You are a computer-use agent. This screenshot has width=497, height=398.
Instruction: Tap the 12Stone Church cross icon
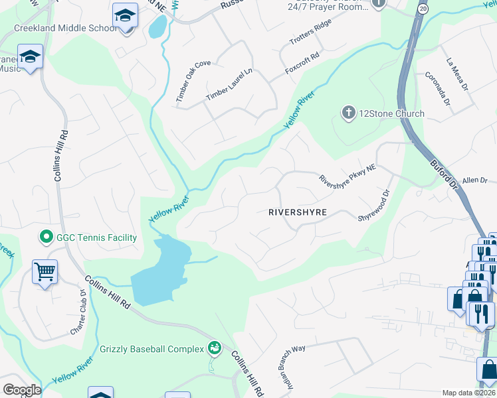[348, 113]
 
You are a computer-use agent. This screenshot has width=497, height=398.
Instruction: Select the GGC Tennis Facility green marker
[46, 237]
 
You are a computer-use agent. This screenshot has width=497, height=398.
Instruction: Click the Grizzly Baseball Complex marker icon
[214, 347]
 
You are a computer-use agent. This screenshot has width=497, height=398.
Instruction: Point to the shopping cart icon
[45, 271]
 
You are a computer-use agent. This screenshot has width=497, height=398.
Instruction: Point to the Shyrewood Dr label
[373, 206]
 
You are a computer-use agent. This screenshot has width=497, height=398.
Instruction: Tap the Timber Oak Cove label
[193, 81]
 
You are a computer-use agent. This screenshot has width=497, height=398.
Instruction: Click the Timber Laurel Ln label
[229, 84]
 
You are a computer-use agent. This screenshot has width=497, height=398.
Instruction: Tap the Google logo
[21, 390]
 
